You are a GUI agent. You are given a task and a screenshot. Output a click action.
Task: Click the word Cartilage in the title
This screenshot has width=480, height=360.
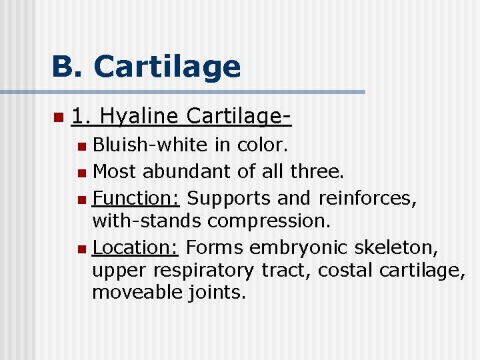coord(167,67)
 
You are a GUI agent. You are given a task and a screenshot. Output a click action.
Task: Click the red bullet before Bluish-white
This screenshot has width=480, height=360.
coord(81,145)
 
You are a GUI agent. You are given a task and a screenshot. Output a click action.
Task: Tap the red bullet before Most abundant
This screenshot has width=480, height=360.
coord(81,172)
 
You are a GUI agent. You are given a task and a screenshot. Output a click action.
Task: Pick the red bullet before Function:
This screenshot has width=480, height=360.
coord(81,199)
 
